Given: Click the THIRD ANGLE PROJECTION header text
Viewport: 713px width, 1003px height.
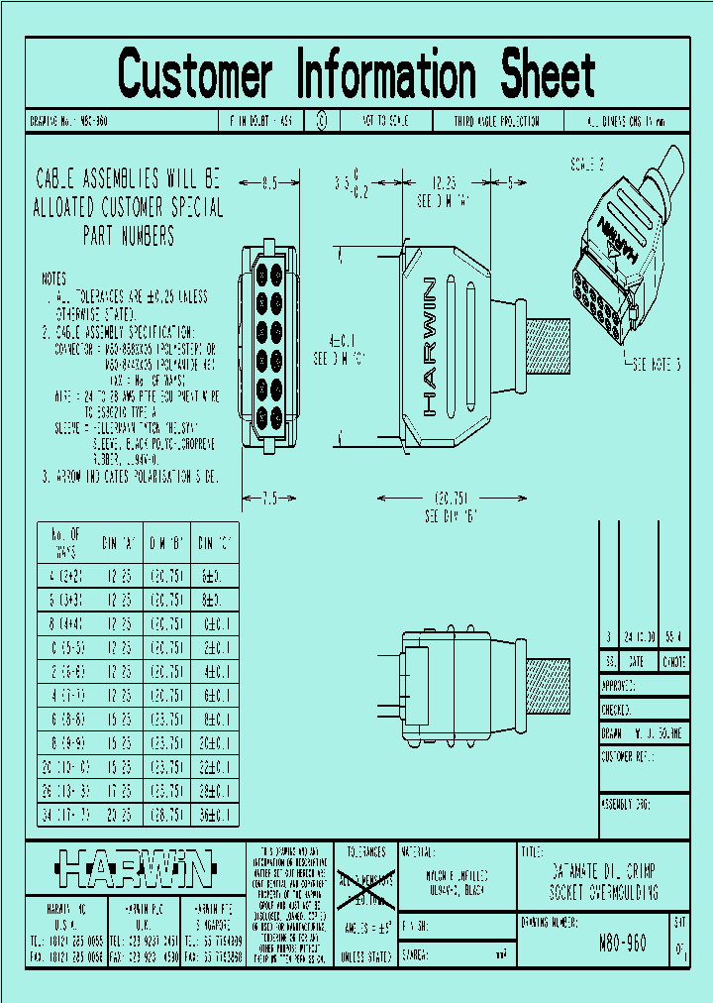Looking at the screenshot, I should [497, 122].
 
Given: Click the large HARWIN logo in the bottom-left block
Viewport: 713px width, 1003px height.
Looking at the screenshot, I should [134, 868].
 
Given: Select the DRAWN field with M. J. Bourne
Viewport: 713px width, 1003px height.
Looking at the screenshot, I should [644, 735].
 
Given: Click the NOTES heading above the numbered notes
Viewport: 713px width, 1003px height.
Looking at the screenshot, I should [54, 279].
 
